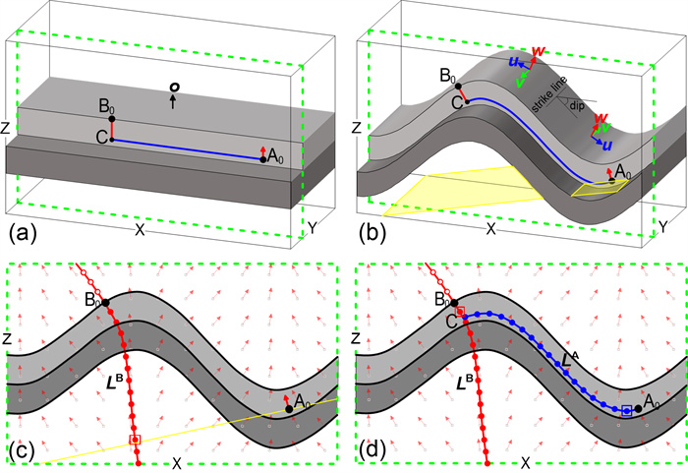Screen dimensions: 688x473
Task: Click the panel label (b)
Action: click(373, 233)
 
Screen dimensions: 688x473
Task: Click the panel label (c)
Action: click(21, 450)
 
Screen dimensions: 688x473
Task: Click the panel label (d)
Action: click(373, 450)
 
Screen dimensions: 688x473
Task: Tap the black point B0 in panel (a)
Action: click(112, 119)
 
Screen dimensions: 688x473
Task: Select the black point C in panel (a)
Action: click(112, 140)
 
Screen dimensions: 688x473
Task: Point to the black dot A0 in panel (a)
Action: click(262, 160)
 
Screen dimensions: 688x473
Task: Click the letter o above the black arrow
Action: click(174, 88)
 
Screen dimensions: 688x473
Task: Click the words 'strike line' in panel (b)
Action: click(549, 94)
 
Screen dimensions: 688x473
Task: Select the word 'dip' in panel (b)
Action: click(576, 106)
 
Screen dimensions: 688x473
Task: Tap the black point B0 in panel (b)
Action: click(458, 87)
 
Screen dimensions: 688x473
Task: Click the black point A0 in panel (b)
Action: click(611, 181)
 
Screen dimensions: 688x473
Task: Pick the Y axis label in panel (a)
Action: click(312, 227)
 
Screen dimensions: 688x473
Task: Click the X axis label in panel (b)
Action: click(491, 228)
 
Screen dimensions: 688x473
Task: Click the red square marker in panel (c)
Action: click(135, 440)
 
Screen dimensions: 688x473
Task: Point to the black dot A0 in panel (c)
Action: click(289, 409)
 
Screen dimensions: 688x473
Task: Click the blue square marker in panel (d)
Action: click(627, 411)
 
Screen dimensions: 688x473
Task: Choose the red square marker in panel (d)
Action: click(460, 312)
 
